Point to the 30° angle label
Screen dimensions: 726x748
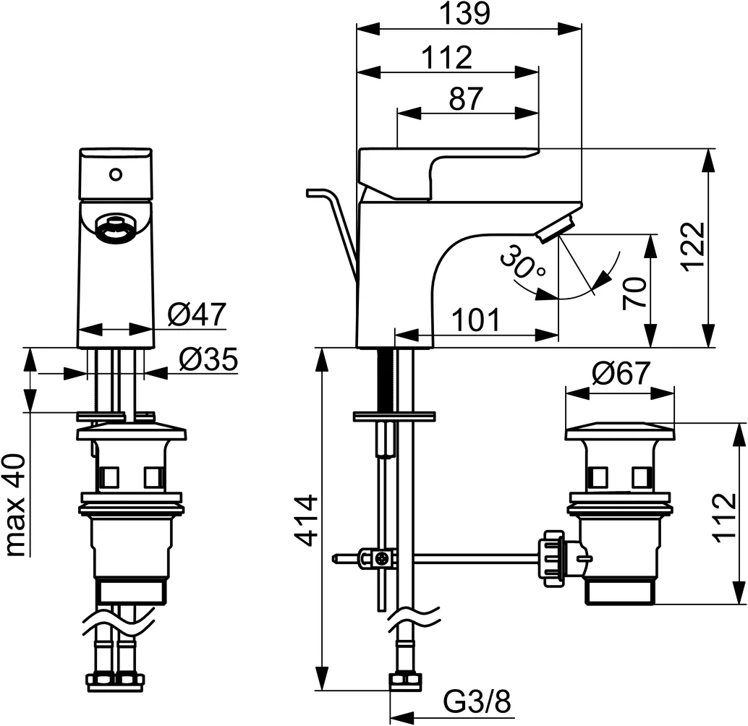(x=522, y=265)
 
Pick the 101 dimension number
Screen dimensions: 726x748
(x=476, y=320)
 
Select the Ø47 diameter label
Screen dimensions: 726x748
(x=197, y=315)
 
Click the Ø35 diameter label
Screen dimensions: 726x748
(x=208, y=359)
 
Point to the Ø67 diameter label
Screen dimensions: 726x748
(x=621, y=375)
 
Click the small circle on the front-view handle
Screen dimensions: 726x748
(x=114, y=174)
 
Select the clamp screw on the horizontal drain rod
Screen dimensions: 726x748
(x=381, y=558)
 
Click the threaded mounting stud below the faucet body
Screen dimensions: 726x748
(x=385, y=380)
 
